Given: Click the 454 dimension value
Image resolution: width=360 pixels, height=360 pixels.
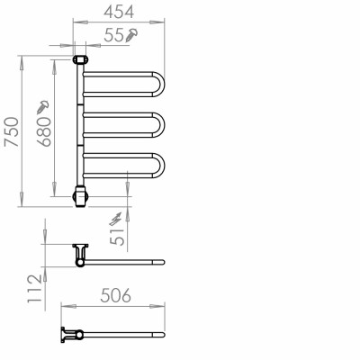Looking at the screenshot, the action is (119, 12).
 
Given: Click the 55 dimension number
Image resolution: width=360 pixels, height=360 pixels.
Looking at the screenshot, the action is (114, 35).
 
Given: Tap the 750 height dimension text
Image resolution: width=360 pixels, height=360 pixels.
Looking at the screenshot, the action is (12, 131).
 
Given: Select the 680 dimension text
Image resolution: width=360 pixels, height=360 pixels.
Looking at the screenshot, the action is (44, 131).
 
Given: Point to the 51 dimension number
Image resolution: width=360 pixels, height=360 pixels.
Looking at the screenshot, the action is (117, 237).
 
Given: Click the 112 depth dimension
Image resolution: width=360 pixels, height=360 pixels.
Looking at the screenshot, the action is (34, 288).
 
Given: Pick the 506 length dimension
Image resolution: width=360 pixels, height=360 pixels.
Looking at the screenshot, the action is (116, 295).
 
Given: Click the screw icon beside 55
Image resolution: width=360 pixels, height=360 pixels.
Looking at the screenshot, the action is (131, 34).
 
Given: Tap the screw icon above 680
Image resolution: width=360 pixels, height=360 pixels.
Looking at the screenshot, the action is (42, 107).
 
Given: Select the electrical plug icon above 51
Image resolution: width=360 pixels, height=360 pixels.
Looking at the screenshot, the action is (115, 219).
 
